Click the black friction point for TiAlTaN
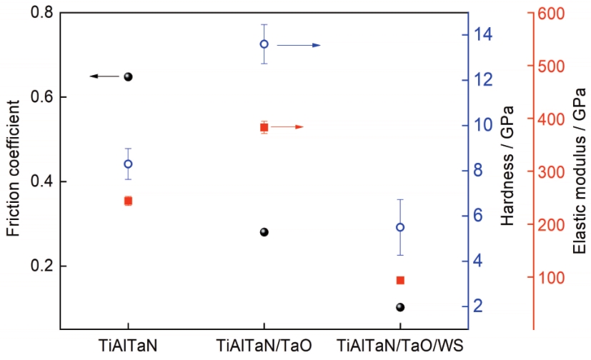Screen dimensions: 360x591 pos(129,76)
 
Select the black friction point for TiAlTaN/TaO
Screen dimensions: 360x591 pos(264,232)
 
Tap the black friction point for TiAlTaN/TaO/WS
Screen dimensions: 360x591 pos(400,307)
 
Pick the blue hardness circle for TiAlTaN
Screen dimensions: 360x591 pos(128,164)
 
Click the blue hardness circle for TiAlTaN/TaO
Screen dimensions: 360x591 pos(264,44)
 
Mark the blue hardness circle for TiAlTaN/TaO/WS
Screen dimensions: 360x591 pos(400,227)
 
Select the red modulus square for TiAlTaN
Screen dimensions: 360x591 pos(128,201)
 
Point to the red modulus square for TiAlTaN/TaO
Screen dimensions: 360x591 pos(264,127)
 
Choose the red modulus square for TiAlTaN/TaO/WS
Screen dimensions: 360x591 pos(400,280)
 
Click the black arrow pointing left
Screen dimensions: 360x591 pos(104,76)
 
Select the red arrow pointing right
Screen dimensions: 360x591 pos(287,127)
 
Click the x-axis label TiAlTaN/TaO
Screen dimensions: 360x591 pos(264,346)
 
